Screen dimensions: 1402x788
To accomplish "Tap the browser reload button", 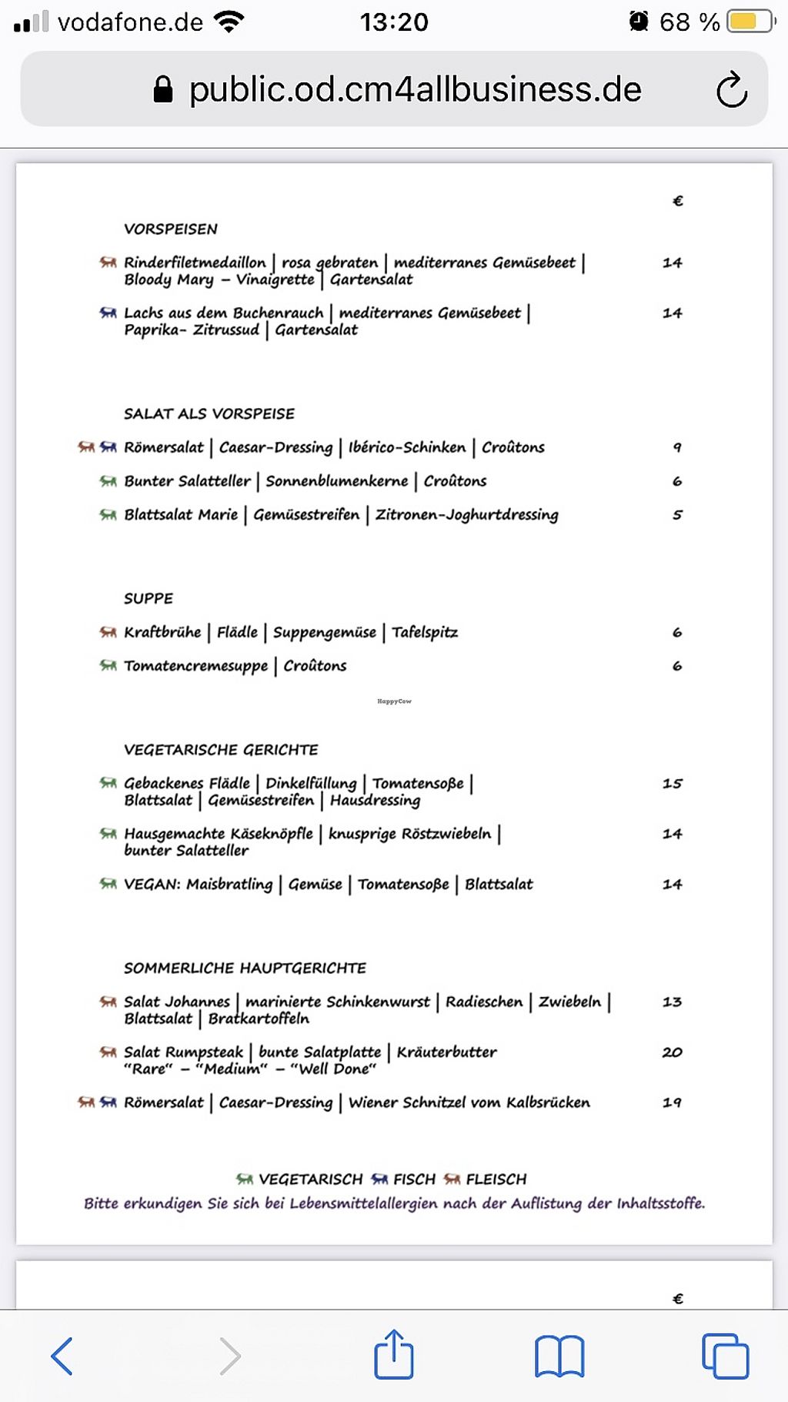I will tap(731, 90).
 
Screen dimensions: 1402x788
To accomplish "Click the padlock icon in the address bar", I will tap(162, 89).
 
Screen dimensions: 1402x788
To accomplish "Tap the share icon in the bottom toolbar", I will tap(394, 1354).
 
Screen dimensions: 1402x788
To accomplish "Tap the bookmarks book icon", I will tap(559, 1356).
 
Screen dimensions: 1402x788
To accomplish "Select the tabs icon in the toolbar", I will tap(724, 1356).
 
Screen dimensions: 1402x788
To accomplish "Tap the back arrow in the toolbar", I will tap(62, 1356).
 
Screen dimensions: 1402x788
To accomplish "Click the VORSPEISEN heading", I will tap(171, 229).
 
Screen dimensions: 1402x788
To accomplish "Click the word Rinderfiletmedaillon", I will tap(195, 263).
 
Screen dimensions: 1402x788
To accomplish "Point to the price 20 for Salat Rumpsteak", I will tap(672, 1052).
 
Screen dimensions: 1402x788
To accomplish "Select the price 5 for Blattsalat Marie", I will tap(677, 514).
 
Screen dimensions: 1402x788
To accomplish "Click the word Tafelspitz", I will tap(425, 632).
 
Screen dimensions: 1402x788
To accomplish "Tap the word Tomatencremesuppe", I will tap(196, 666).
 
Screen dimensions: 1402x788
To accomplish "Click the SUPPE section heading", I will tap(149, 598).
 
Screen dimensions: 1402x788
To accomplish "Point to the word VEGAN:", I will tap(152, 884).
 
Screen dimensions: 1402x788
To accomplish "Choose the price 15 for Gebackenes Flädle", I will tap(672, 783).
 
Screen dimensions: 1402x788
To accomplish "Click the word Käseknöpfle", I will tap(272, 834).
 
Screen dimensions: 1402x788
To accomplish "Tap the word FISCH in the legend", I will tap(414, 1179).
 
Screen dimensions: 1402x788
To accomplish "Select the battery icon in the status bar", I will tap(750, 22).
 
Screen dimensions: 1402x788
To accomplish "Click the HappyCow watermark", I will tap(394, 701).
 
